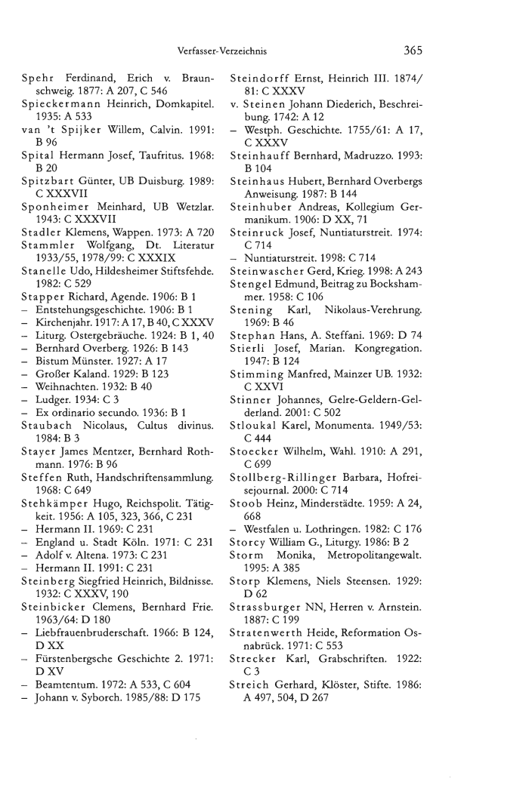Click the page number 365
pyautogui.click(x=413, y=51)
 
